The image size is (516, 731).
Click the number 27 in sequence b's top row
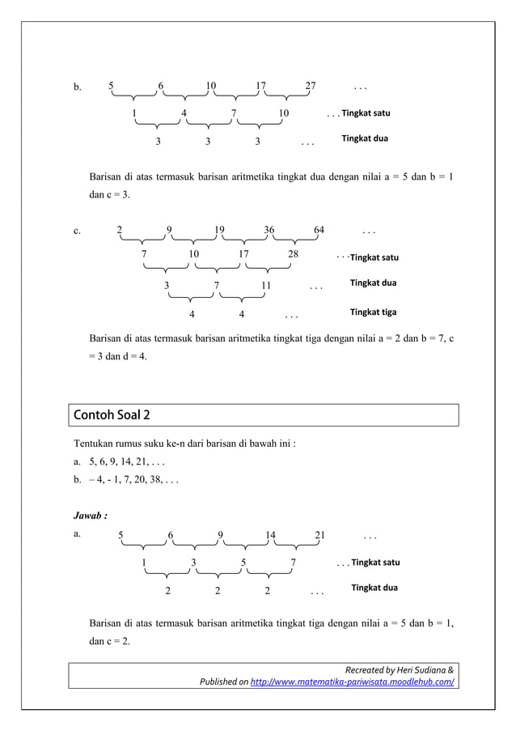click(x=311, y=86)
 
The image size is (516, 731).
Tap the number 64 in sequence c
click(x=319, y=229)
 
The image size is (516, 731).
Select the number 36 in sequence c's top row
click(x=269, y=229)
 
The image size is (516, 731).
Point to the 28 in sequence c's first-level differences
click(x=293, y=254)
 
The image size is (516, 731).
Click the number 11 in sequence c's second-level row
click(x=266, y=285)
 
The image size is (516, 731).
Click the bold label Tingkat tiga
click(x=373, y=312)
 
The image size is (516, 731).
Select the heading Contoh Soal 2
click(x=112, y=415)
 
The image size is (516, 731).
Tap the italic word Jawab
click(x=89, y=514)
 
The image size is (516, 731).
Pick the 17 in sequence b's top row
click(x=260, y=86)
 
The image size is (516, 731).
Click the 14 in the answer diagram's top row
click(x=270, y=534)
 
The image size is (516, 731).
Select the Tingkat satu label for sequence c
click(x=374, y=257)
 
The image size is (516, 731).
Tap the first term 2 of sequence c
click(x=120, y=229)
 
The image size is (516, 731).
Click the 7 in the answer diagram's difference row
click(x=293, y=562)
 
